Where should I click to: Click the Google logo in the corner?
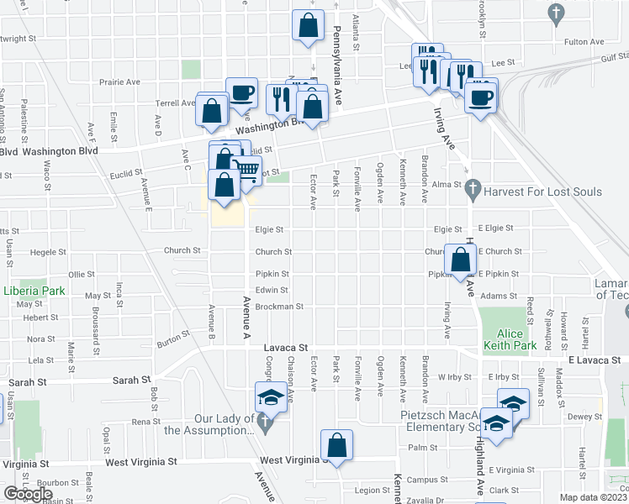pos(28,493)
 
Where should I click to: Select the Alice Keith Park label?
pos(510,338)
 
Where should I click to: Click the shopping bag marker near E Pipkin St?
pos(461,261)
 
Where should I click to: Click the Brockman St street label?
pos(278,307)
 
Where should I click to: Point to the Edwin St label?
pos(272,290)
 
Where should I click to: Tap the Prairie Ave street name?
pos(120,82)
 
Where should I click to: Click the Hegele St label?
pos(48,251)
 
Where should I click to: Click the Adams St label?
pos(499,296)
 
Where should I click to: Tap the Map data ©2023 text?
pos(593,497)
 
